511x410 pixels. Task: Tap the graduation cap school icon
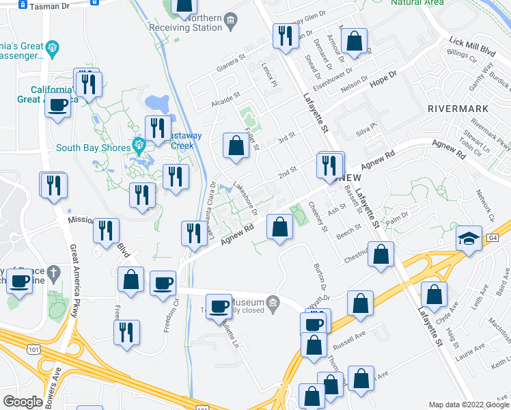pos(469,239)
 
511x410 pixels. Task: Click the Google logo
pos(23,402)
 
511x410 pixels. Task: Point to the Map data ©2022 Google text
pos(468,405)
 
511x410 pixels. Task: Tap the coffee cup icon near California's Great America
pos(58,105)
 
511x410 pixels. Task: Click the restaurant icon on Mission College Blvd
pos(106,231)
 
